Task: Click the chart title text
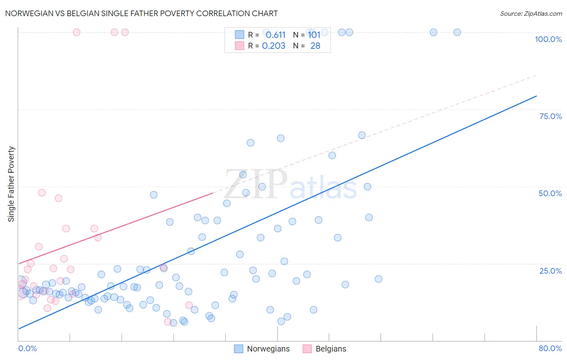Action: click(x=141, y=13)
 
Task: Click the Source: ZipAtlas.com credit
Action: click(x=531, y=13)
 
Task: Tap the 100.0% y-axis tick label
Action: click(x=548, y=39)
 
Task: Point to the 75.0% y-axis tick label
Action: click(x=550, y=116)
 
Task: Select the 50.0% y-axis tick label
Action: click(x=550, y=193)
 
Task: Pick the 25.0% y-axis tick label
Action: click(x=550, y=271)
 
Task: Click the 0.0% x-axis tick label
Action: click(x=27, y=348)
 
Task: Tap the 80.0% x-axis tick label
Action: click(x=550, y=348)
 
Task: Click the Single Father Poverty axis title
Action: click(x=11, y=184)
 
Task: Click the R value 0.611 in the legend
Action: click(x=275, y=35)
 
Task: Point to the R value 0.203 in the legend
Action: click(x=273, y=46)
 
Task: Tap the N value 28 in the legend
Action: click(x=315, y=46)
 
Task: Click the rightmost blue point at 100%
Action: click(x=457, y=32)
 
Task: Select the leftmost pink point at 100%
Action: click(x=77, y=32)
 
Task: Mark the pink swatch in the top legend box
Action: click(x=240, y=46)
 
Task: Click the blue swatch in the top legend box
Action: click(x=240, y=35)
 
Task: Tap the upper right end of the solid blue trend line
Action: click(x=536, y=96)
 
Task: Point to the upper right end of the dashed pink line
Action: click(x=536, y=75)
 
